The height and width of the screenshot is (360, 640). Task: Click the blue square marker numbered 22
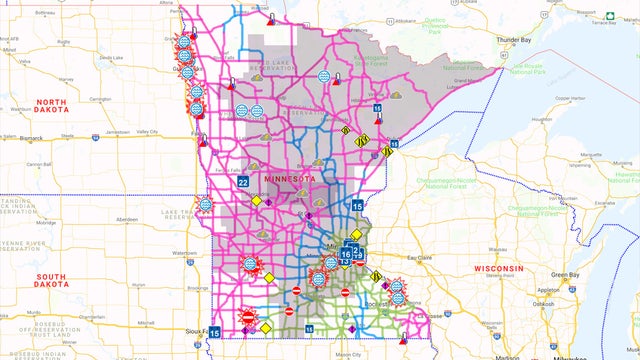(x=243, y=181)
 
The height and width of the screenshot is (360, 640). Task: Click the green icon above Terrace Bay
(x=609, y=15)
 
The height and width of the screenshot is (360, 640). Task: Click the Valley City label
(x=147, y=132)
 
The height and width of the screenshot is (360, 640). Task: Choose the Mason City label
(x=349, y=354)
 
